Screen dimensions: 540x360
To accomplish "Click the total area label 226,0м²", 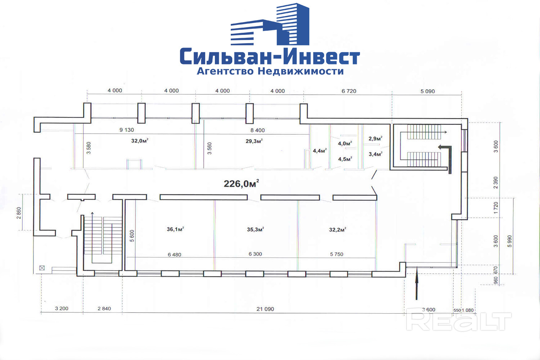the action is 241,184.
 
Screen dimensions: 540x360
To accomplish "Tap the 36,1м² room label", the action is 175,229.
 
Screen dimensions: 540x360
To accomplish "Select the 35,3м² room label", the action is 255,229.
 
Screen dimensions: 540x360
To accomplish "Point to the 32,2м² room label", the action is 337,229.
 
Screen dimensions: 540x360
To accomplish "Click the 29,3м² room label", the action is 254,141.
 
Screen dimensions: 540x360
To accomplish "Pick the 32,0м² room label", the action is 140,141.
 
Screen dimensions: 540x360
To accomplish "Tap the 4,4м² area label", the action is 319,151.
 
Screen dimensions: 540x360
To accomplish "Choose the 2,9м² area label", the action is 375,139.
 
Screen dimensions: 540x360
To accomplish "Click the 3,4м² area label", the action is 375,154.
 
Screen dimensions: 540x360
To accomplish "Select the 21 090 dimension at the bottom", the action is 265,309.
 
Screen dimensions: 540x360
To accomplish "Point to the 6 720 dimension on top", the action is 348,91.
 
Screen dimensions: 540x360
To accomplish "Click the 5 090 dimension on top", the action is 427,91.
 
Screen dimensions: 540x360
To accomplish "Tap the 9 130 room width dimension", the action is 127,130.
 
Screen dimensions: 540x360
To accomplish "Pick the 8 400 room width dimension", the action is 257,130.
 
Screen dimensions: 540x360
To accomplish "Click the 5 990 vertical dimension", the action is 509,241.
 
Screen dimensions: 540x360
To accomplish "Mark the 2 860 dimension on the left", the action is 19,212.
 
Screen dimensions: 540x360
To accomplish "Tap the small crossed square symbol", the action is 42,268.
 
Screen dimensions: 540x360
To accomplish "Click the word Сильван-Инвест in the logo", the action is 270,57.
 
